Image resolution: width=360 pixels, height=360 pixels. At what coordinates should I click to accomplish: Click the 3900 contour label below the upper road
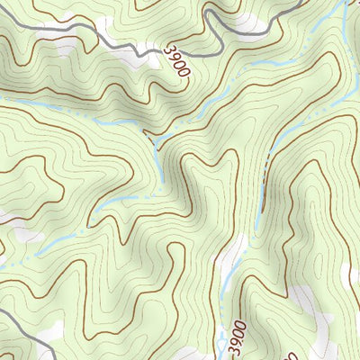pyautogui.click(x=177, y=64)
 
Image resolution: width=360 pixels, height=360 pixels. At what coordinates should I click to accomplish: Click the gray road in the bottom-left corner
pyautogui.click(x=18, y=319)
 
